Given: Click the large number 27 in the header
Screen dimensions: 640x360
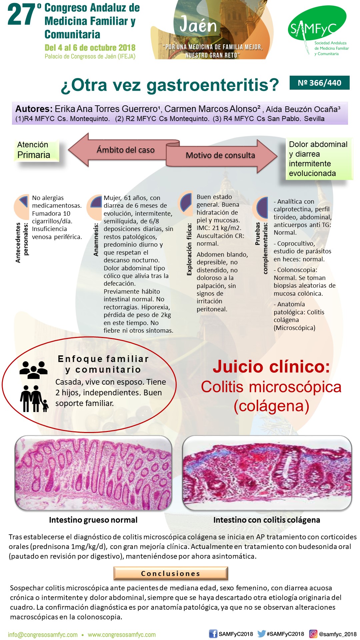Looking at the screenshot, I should (x=21, y=15).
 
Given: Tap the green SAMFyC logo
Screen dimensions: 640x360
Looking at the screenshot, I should (x=317, y=27).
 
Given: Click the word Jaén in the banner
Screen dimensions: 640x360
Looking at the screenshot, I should (x=198, y=25).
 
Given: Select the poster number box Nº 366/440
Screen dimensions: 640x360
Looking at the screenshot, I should (x=319, y=83).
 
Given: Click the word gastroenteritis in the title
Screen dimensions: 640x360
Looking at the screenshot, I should (x=213, y=85).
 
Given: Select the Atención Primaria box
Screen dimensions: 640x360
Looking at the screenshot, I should (x=36, y=150).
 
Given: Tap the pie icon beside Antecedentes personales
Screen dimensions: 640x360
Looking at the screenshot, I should (x=22, y=206).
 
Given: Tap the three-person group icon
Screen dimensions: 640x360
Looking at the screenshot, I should (x=33, y=369).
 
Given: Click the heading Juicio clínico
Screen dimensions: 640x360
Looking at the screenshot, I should (x=271, y=367).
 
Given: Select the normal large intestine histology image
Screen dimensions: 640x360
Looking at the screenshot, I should (x=93, y=473).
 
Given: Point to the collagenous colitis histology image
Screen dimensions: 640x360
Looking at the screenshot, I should (x=267, y=473).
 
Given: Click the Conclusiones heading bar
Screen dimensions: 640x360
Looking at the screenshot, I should (x=171, y=573).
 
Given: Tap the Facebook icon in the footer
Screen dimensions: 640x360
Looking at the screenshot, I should (x=213, y=634).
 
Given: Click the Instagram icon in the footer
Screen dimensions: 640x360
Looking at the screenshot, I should (x=313, y=634).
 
